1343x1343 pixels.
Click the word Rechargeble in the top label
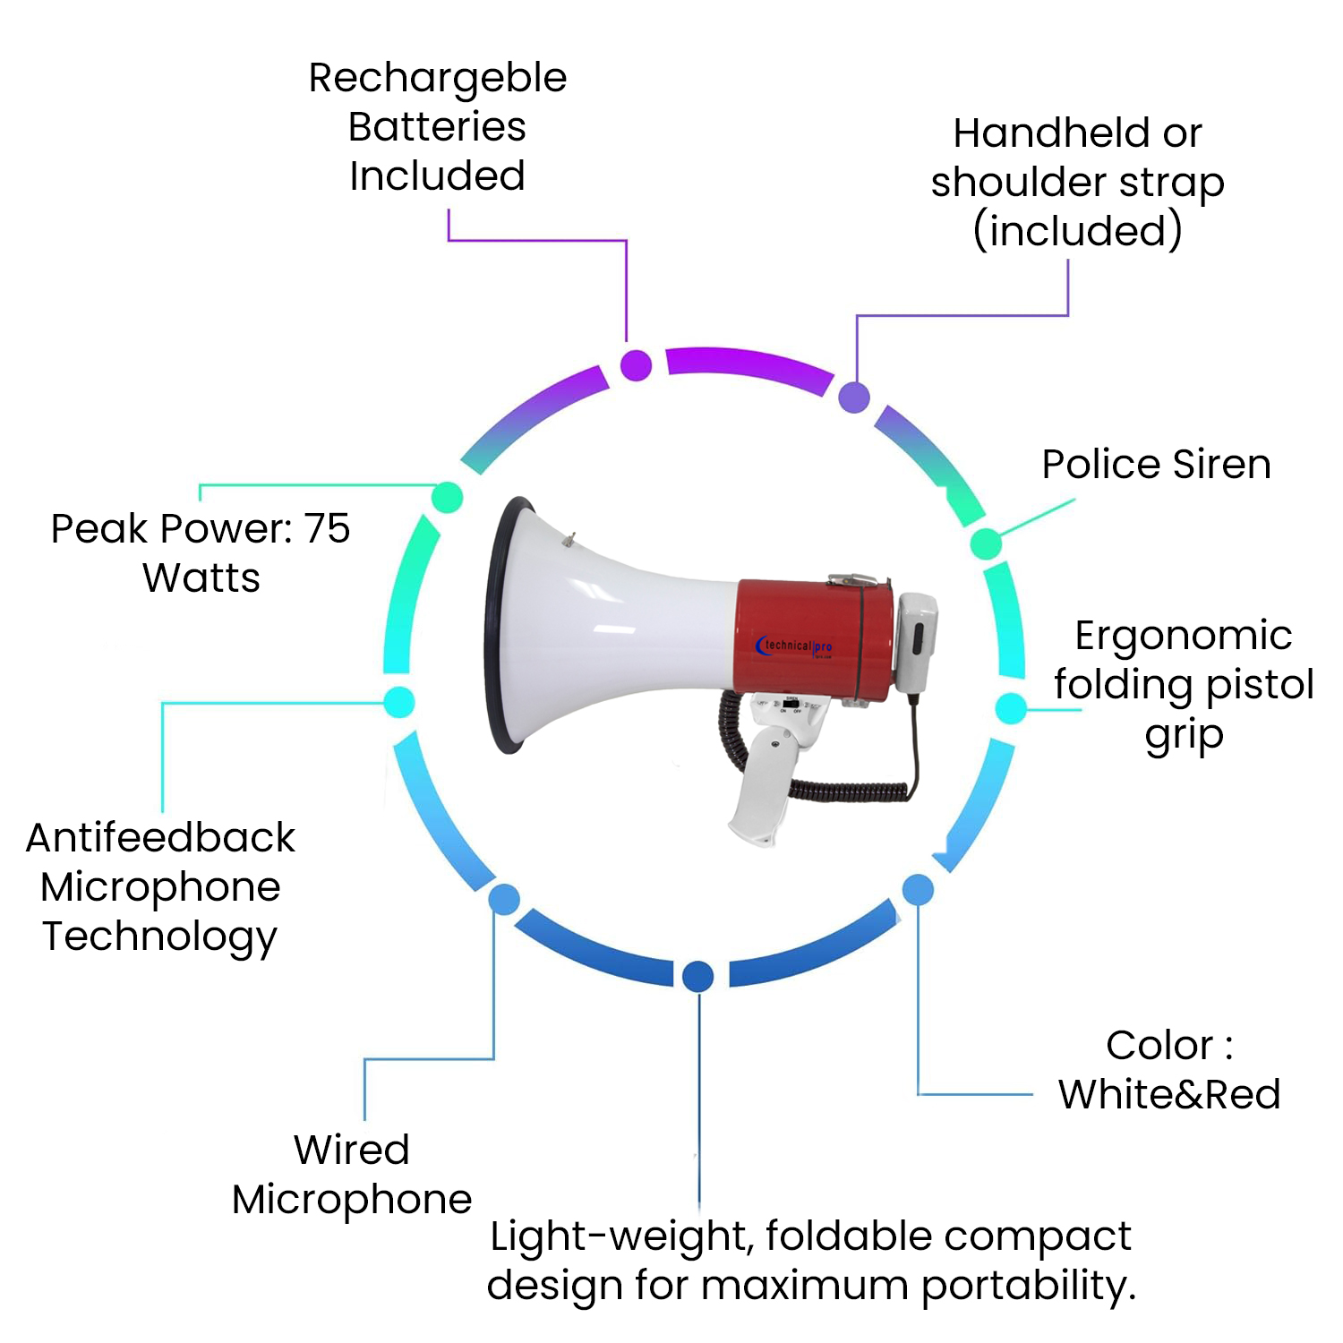pos(438,79)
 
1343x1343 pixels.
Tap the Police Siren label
pos(1156,464)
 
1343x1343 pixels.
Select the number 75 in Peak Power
pos(327,528)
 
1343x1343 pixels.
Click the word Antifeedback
pos(160,838)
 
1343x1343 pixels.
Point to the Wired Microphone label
pos(352,1174)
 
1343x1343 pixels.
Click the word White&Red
pos(1169,1094)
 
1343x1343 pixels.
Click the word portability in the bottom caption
pos(1029,1286)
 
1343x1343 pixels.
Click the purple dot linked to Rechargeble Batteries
pos(636,364)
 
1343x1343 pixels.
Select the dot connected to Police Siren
pos(986,543)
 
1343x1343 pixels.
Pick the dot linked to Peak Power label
pos(447,497)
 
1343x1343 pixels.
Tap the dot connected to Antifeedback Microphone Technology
pos(398,701)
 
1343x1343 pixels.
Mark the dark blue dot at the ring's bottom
pos(697,976)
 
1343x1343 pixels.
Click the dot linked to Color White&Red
pos(918,889)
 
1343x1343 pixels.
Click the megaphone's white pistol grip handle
pos(766,779)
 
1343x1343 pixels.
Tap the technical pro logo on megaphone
pos(795,646)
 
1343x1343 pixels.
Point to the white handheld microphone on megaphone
pos(915,637)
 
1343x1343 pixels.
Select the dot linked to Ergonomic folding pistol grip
pos(1011,708)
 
